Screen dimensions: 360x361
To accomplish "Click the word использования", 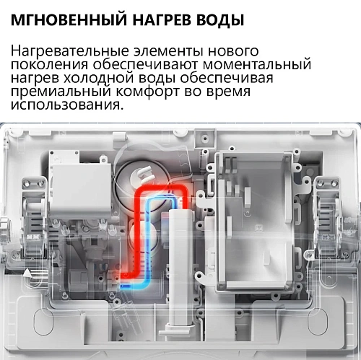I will pyautogui.click(x=64, y=105).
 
